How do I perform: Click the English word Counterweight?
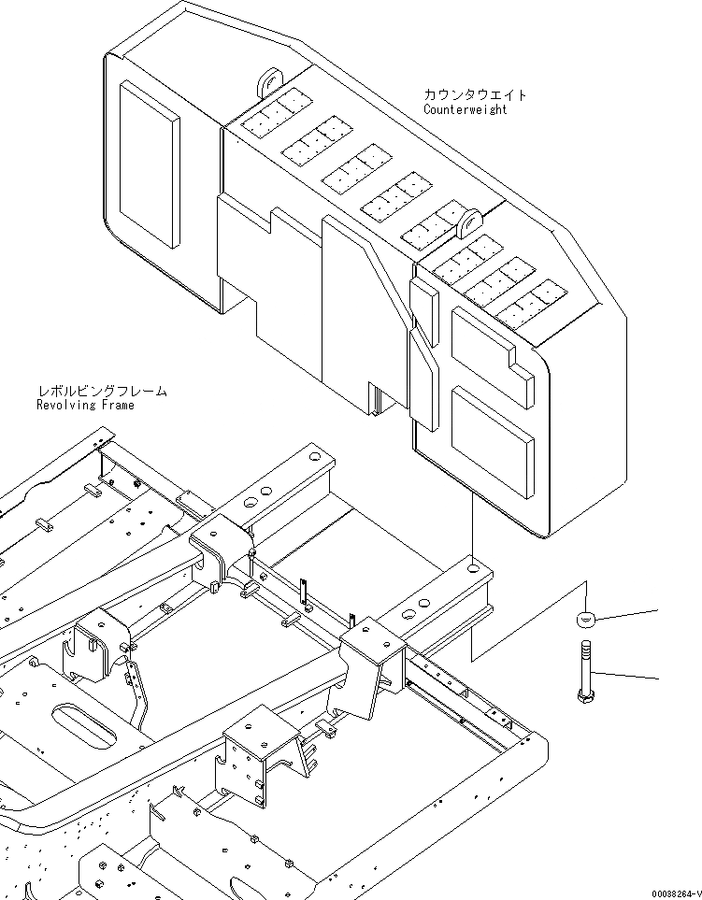click(x=465, y=109)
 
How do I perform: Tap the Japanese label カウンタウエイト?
click(x=475, y=94)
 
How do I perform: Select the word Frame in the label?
click(x=119, y=405)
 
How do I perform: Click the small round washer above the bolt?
click(x=585, y=620)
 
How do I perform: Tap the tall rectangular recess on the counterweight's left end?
click(x=149, y=164)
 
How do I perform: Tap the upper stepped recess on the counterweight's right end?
click(x=491, y=347)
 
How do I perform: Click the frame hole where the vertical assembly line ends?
click(x=476, y=566)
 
